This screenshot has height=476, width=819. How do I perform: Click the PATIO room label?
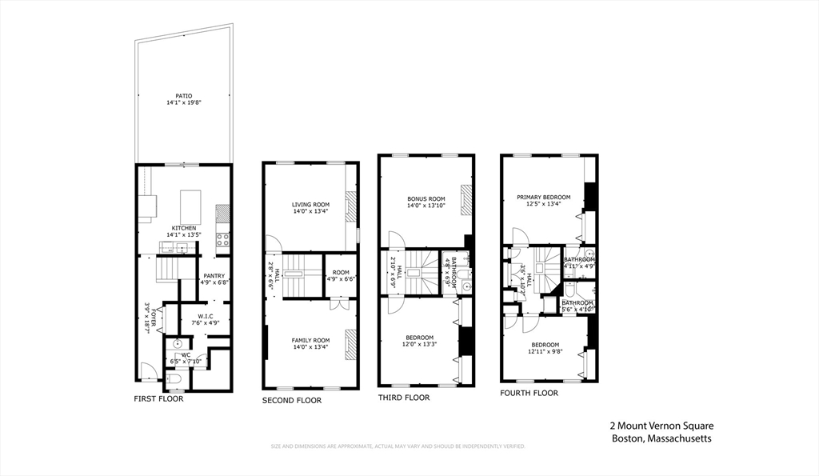(184, 96)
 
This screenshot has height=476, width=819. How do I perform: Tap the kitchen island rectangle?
(190, 206)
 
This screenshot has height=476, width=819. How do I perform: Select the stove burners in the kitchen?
(223, 238)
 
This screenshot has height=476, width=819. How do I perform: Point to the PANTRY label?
(214, 275)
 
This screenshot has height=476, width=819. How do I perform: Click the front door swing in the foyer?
(146, 370)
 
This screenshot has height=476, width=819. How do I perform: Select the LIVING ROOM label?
(310, 205)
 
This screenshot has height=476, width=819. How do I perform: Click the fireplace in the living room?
(350, 206)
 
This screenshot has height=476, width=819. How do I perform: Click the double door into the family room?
(340, 304)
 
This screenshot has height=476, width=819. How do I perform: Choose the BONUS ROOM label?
(425, 198)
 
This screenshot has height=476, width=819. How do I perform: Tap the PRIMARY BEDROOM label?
(543, 197)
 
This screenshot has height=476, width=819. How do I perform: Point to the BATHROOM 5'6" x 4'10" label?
(577, 305)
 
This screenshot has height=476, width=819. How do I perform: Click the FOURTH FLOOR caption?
(529, 393)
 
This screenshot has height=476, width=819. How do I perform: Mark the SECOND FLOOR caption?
(292, 400)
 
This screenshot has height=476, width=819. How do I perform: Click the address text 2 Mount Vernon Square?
(661, 426)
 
